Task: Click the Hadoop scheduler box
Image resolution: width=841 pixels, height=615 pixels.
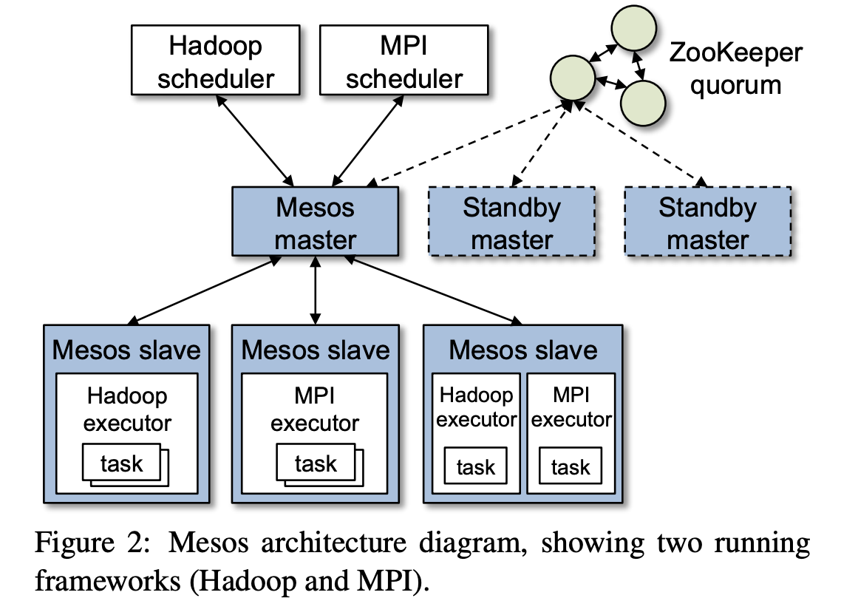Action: tap(216, 61)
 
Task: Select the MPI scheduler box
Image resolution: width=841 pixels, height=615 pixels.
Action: tap(404, 61)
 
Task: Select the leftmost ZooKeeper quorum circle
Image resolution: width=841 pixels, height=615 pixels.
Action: tap(573, 76)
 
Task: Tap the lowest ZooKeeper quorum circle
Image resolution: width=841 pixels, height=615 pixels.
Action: tap(641, 102)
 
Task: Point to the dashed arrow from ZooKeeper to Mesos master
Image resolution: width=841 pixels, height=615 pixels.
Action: tap(469, 146)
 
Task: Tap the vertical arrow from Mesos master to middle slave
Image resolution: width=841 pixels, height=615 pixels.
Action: tap(316, 292)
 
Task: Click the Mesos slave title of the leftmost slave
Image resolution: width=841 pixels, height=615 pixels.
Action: tap(126, 349)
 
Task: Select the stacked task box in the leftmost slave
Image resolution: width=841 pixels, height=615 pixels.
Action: tap(123, 464)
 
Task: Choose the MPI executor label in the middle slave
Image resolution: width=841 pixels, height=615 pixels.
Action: tap(315, 410)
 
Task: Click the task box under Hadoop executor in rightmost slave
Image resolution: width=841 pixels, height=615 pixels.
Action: tap(475, 467)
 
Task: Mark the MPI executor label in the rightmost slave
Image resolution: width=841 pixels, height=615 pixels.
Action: tap(571, 407)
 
